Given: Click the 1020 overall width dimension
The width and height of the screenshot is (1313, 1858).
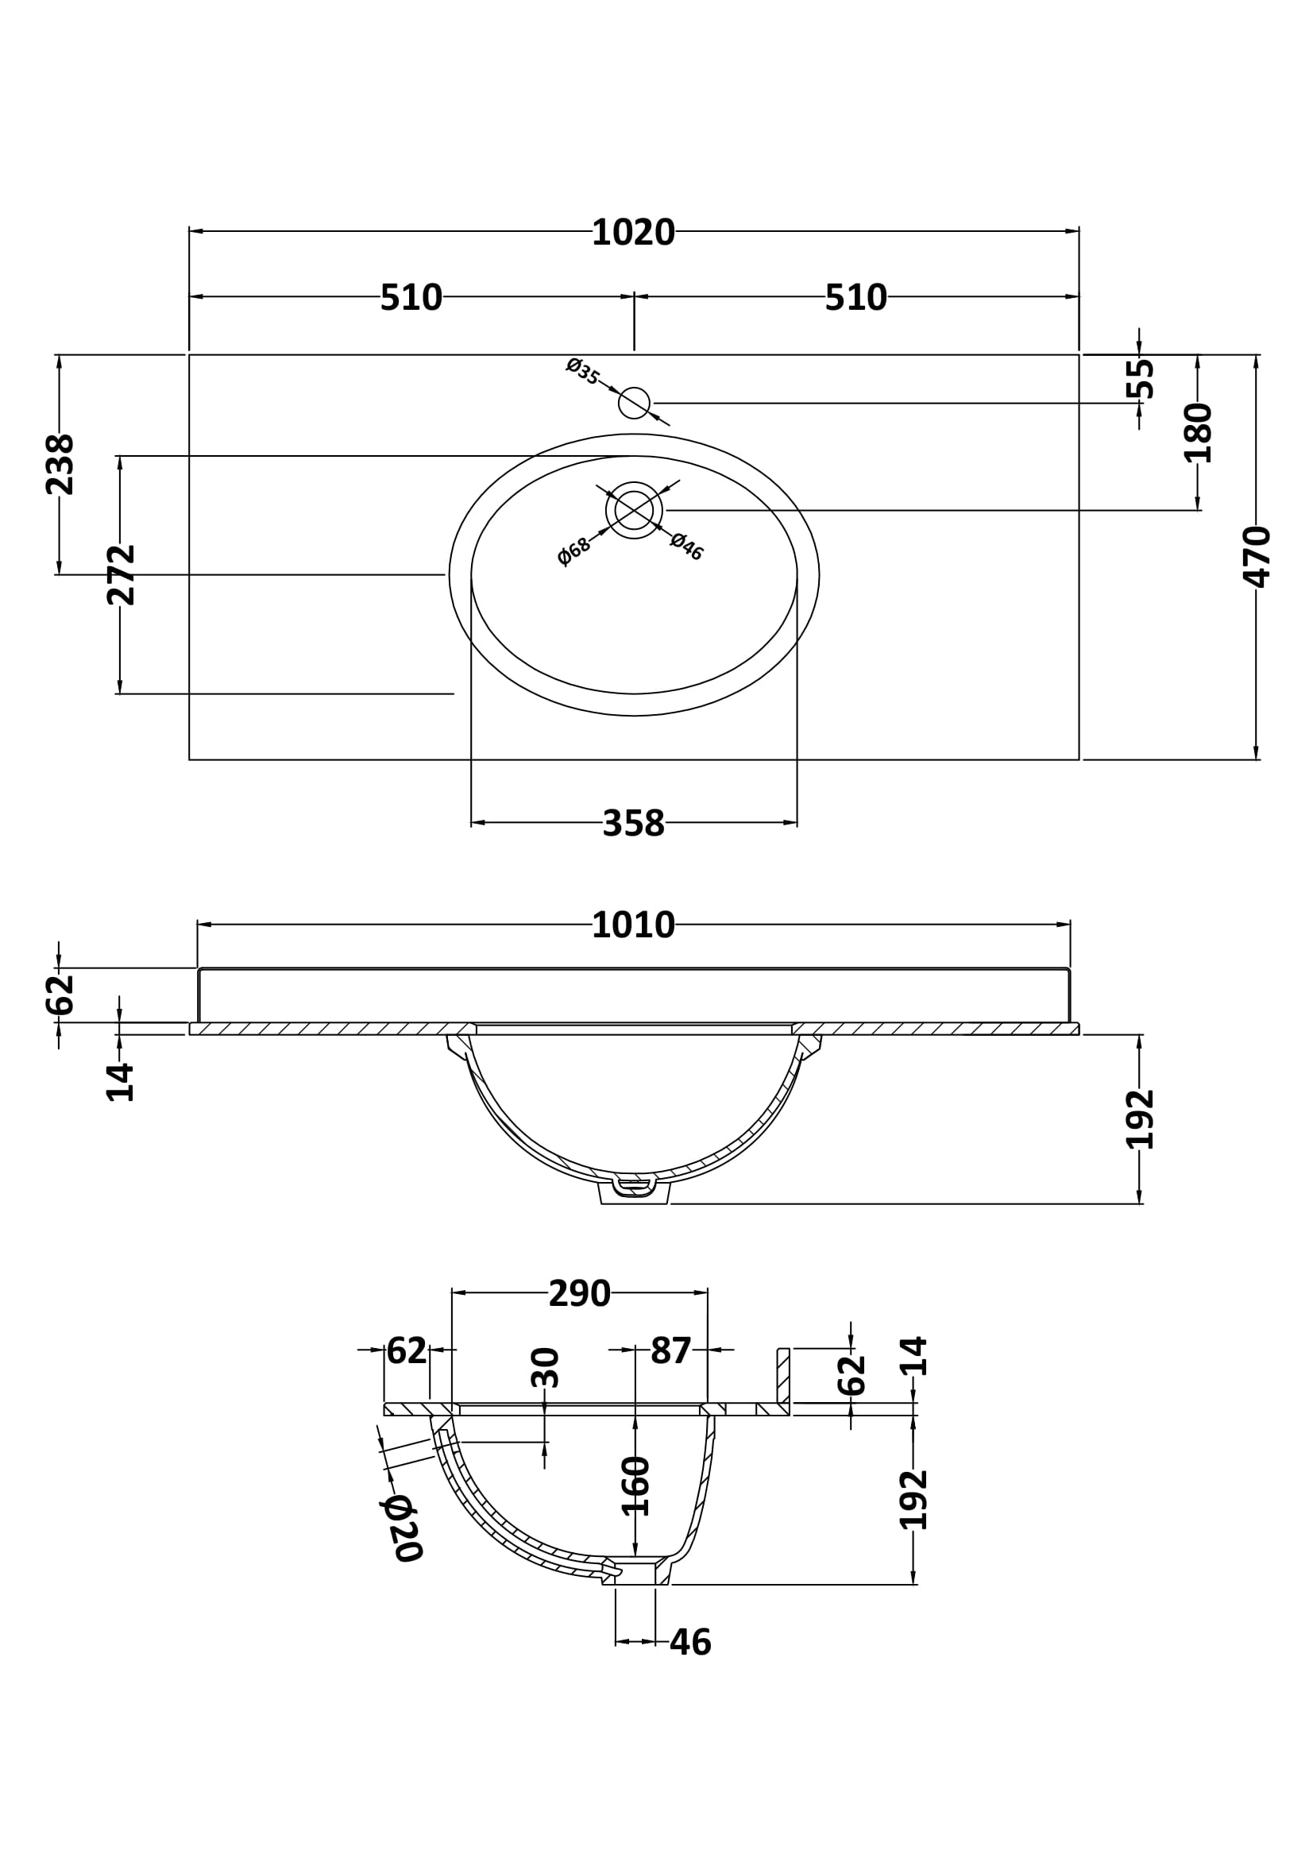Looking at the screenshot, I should click(632, 233).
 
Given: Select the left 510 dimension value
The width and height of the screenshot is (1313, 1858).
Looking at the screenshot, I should click(411, 298).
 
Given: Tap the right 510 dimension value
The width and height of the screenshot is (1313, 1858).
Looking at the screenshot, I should click(855, 298).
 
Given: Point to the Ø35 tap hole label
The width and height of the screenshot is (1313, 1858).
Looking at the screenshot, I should click(582, 371).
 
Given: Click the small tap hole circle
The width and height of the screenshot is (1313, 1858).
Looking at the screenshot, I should click(633, 403).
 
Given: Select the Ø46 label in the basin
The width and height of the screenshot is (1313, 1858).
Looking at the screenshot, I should click(687, 547).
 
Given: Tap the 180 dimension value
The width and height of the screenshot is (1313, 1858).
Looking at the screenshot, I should click(1198, 433).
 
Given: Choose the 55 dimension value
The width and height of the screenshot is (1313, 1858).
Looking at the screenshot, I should click(1140, 378).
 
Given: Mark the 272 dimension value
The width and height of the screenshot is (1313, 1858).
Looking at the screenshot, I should click(121, 574).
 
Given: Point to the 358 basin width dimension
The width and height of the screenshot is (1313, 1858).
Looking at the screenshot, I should click(633, 824).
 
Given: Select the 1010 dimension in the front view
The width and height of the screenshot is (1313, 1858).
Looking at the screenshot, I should click(632, 925).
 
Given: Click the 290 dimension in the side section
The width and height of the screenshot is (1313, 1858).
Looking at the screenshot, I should click(579, 1294).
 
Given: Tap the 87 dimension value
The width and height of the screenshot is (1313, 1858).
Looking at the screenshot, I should click(670, 1350).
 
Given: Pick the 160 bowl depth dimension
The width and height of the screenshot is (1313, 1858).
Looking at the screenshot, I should click(636, 1485).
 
